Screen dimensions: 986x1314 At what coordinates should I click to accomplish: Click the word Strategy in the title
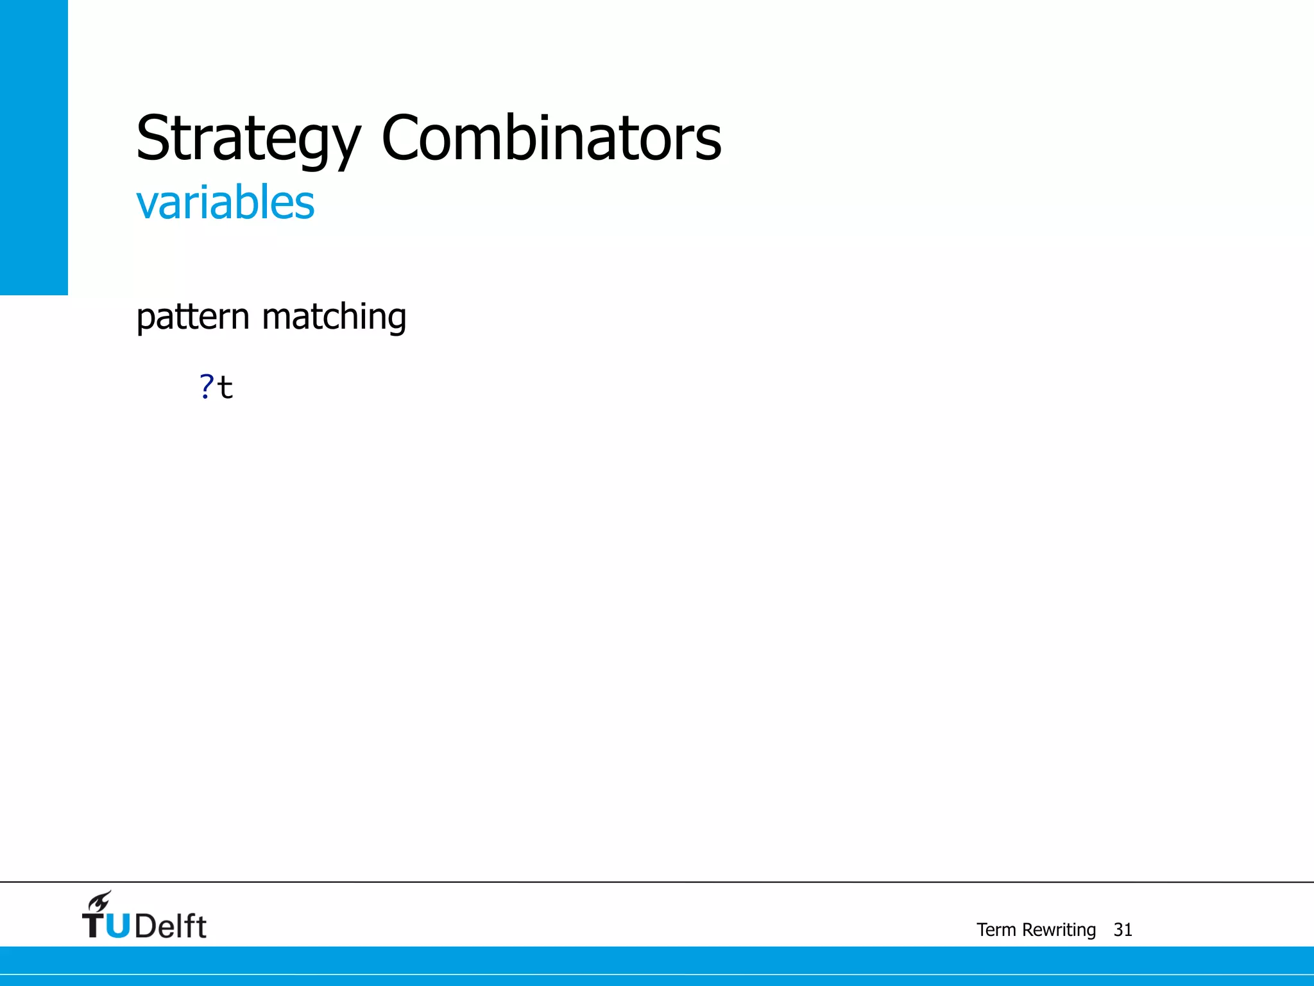coord(249,139)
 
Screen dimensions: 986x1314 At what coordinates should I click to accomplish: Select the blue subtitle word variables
coord(225,202)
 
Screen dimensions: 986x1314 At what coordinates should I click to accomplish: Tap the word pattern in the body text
coord(192,317)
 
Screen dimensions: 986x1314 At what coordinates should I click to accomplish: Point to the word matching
coord(334,317)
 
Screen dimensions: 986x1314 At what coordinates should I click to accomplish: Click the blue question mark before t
coord(206,386)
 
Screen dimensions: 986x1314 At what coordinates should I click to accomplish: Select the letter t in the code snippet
coord(225,388)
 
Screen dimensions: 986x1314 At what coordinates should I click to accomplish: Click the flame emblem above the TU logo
coord(100,901)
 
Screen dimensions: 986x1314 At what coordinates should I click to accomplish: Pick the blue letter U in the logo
coord(118,926)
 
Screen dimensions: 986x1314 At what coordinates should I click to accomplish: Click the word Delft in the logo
coord(171,926)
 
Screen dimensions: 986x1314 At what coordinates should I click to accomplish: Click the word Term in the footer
coord(996,930)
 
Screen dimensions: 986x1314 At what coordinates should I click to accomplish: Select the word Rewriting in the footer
coord(1059,930)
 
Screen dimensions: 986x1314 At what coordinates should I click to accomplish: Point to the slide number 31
coord(1123,930)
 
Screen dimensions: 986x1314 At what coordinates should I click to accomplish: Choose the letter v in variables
coord(147,205)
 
